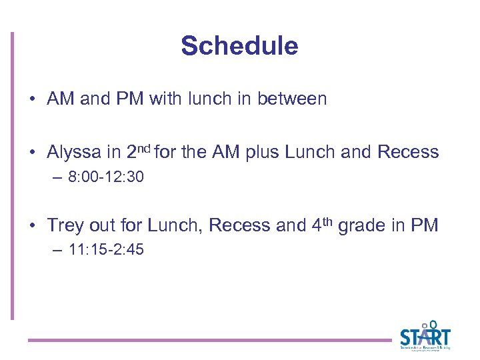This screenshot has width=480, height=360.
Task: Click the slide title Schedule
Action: [x=239, y=46]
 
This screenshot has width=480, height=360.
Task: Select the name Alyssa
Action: [x=73, y=152]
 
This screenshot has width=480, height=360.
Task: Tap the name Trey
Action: [x=64, y=225]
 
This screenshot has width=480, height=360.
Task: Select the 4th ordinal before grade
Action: [x=323, y=224]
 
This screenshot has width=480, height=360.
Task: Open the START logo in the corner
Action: [x=425, y=335]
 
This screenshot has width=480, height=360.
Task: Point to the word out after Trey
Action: [x=99, y=225]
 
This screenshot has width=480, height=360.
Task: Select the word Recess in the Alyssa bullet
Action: [x=408, y=152]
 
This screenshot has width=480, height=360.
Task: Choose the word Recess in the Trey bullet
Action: [x=239, y=225]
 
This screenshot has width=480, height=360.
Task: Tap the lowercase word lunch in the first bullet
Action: [x=211, y=99]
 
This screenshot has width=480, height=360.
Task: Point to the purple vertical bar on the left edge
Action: [x=11, y=177]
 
